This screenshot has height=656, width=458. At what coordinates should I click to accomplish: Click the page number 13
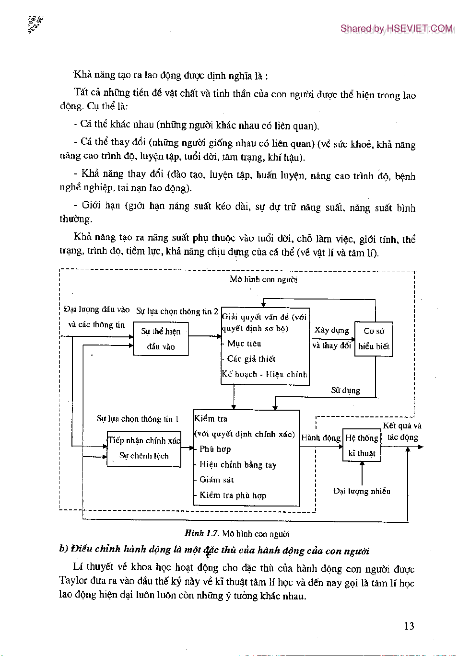click(409, 626)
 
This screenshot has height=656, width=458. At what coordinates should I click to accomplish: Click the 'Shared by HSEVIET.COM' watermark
click(396, 29)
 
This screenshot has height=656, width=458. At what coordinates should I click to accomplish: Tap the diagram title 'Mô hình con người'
click(263, 279)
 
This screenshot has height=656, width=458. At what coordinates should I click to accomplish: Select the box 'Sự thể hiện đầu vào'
click(161, 339)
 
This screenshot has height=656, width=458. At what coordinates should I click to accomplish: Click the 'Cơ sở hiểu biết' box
click(374, 339)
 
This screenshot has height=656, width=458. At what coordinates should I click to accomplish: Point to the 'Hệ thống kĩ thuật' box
click(362, 445)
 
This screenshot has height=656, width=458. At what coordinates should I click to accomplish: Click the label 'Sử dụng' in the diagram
click(345, 390)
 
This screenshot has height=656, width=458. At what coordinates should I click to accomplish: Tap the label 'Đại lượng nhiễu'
click(362, 491)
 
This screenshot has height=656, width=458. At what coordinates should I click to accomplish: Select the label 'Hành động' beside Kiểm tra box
click(321, 437)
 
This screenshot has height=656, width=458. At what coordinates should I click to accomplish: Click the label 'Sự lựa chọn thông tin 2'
click(177, 311)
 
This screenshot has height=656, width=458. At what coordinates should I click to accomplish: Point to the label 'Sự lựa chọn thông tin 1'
click(138, 419)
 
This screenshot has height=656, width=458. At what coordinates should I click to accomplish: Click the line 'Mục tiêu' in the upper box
click(244, 344)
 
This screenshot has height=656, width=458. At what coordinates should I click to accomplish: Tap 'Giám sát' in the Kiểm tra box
click(216, 480)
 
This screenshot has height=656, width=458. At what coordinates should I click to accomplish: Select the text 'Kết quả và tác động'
click(402, 431)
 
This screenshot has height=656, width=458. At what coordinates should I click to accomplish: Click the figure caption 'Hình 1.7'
click(202, 533)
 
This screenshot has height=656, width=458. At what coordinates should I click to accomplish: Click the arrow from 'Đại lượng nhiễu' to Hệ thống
click(362, 473)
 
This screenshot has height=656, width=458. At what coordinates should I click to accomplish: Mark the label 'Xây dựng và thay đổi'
click(332, 338)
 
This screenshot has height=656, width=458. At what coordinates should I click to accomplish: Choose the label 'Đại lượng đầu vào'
click(96, 310)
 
